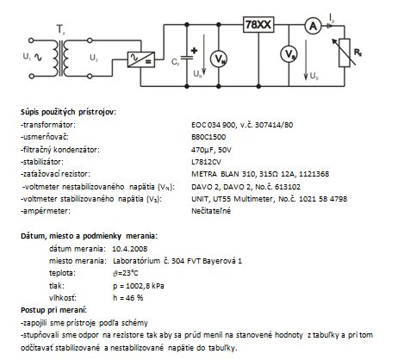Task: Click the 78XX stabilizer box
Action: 258,25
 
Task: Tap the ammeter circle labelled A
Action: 313,26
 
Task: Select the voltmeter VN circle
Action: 219,59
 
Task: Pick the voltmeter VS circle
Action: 289,53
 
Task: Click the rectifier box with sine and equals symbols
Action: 141,59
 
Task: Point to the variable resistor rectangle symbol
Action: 345,53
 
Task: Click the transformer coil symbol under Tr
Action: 60,59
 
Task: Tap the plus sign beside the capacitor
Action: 194,51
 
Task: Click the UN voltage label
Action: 197,74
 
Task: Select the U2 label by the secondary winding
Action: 94,58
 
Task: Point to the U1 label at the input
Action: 27,56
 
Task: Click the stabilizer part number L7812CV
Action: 206,162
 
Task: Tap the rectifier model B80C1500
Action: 208,137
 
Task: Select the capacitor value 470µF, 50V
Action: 211,150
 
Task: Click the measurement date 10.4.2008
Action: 130,249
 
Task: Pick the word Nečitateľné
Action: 211,211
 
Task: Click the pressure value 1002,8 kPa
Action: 145,286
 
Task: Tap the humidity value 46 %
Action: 134,298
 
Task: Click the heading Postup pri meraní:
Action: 53,310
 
